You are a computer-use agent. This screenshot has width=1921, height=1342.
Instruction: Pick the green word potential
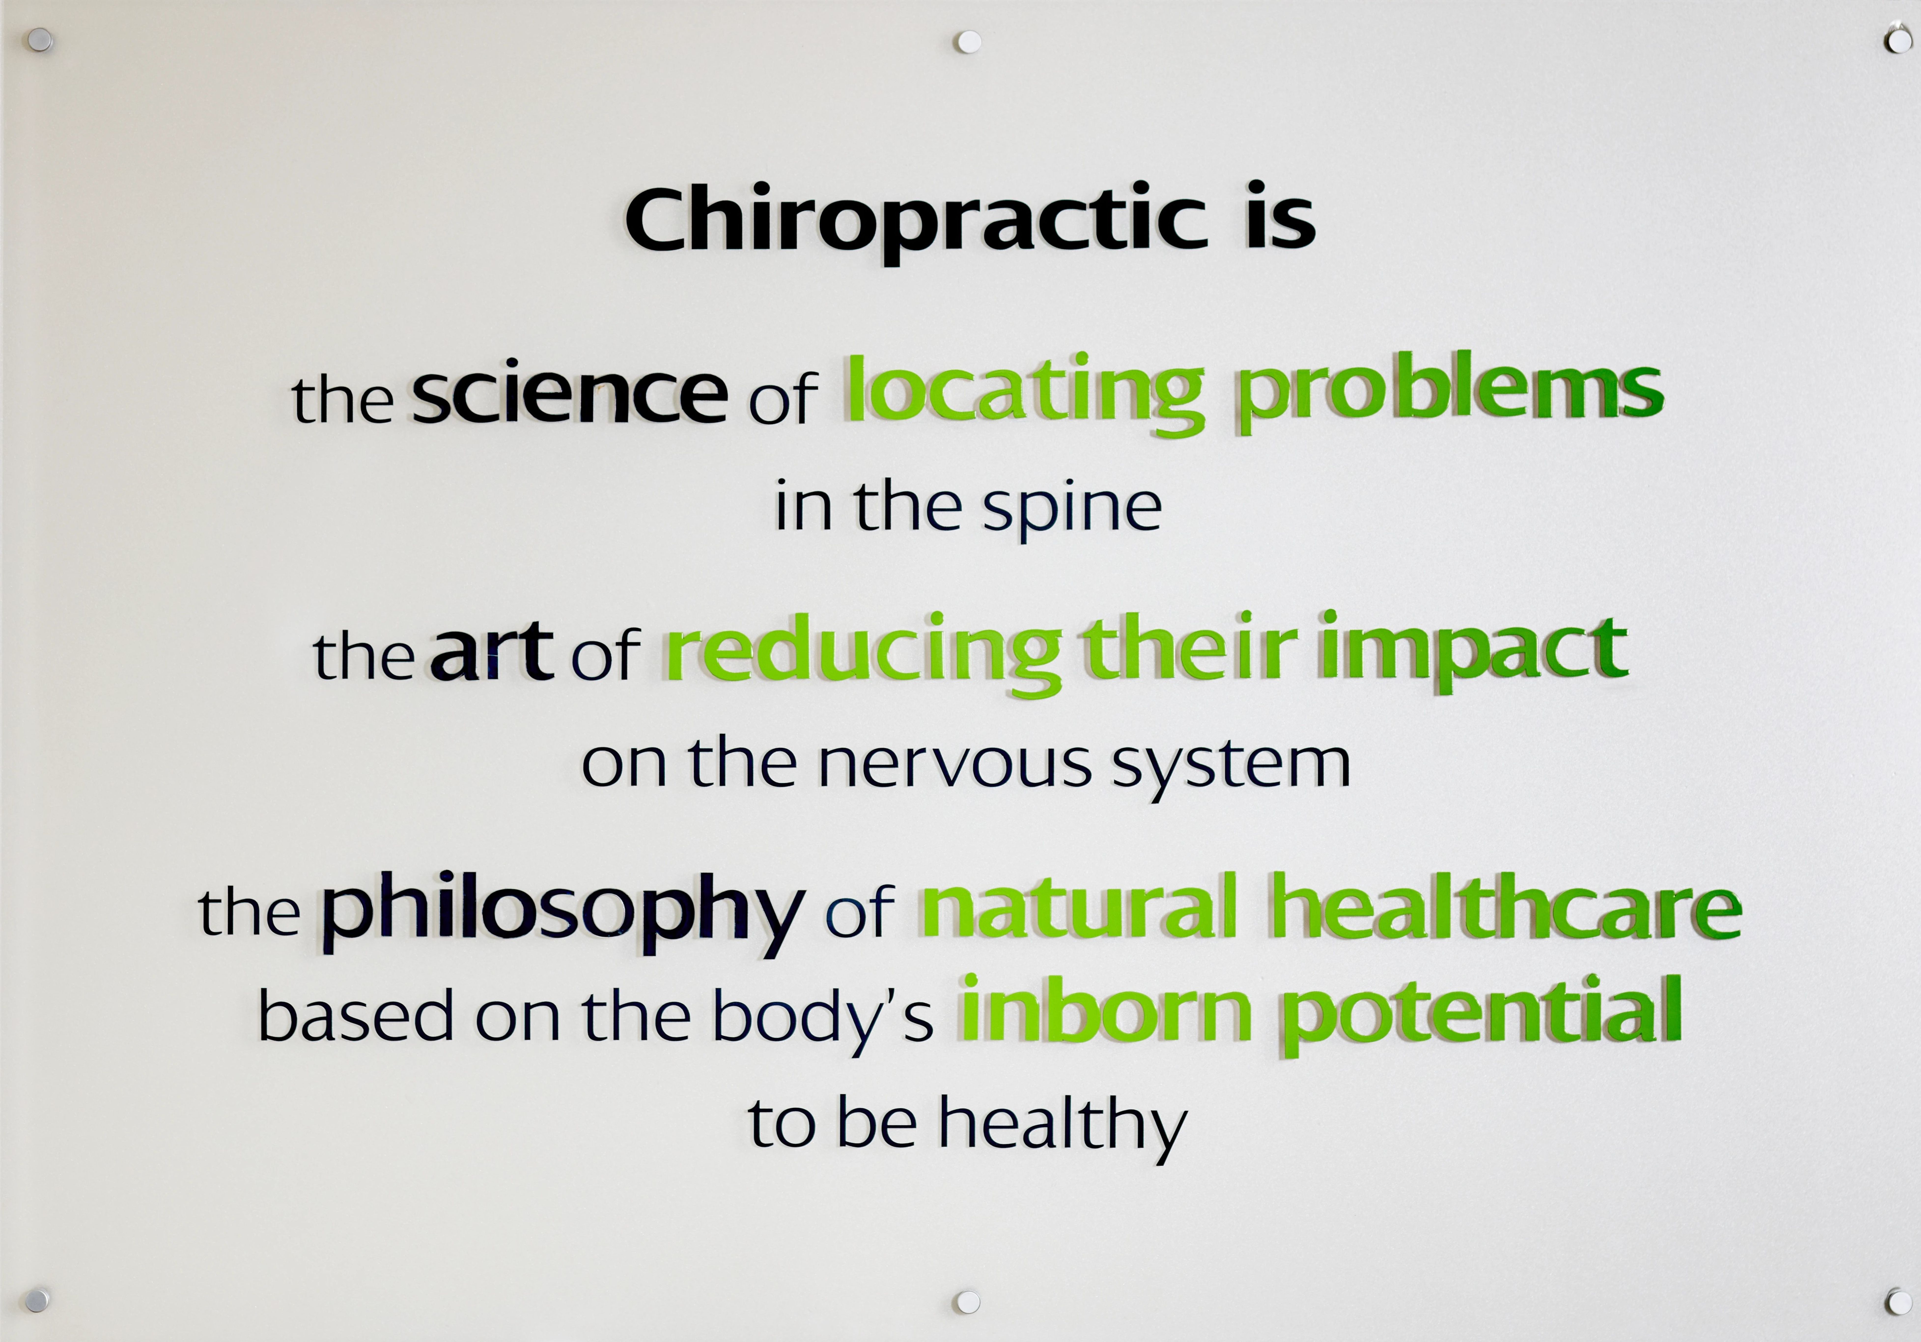[x=1481, y=1014]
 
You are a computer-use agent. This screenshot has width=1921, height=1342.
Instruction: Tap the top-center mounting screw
[x=968, y=42]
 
